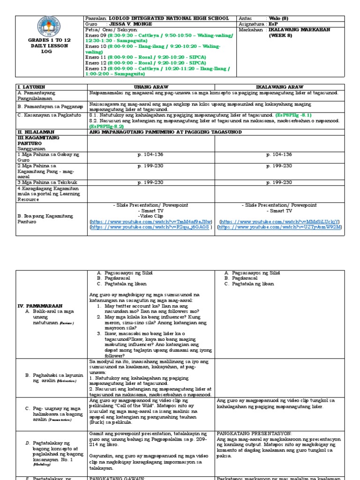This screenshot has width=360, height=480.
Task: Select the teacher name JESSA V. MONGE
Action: click(130, 23)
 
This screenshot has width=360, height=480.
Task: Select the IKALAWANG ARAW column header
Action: click(279, 87)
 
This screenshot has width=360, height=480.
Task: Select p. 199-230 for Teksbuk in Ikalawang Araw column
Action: click(279, 182)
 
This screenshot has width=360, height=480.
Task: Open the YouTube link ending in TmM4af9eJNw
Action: click(151, 221)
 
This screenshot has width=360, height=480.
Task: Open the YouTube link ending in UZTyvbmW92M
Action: click(280, 227)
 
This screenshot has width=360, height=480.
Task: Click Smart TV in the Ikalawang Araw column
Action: click(279, 211)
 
